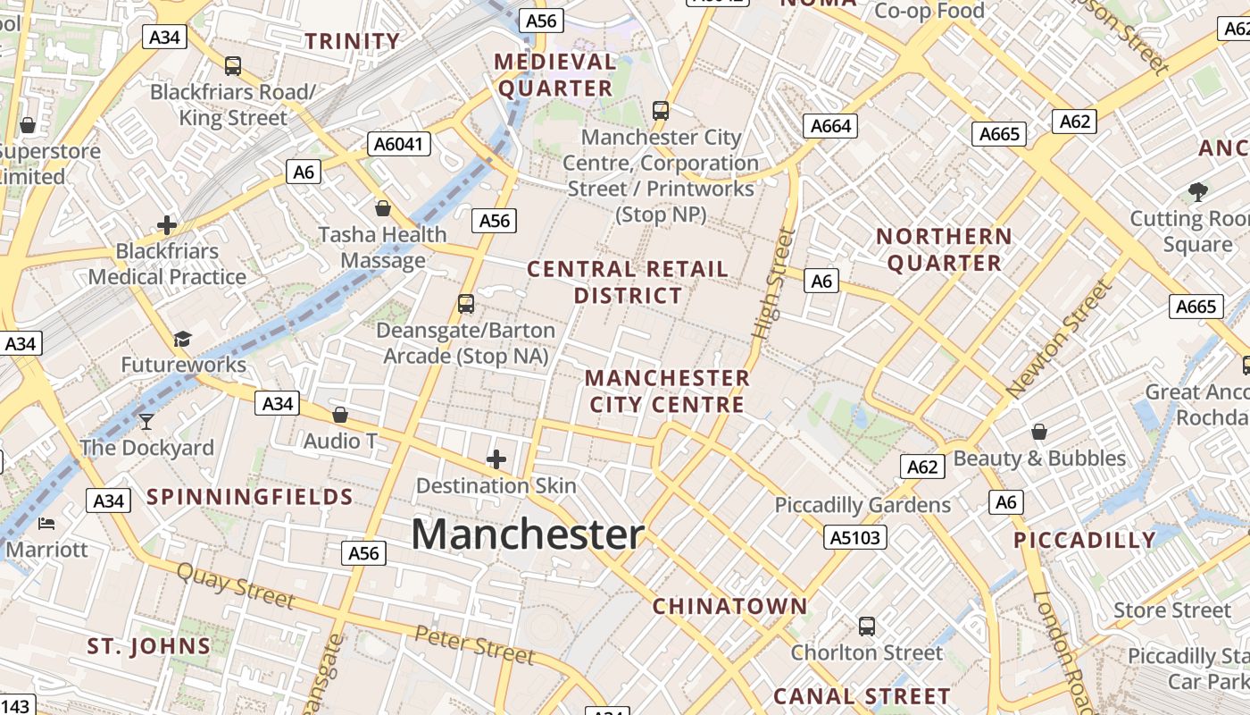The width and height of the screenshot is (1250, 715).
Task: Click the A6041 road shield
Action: (399, 144)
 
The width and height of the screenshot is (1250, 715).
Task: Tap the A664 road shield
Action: (830, 126)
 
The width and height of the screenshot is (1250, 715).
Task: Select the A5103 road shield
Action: (855, 537)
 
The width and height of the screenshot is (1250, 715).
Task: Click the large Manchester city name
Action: (528, 534)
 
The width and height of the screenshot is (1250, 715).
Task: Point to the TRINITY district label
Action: (353, 41)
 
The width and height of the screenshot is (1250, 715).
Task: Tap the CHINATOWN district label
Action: (729, 606)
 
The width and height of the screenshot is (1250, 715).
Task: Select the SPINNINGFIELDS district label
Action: (250, 497)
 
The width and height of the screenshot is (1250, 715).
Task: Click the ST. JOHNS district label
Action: (149, 646)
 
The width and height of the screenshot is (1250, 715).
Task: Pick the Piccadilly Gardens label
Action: (862, 505)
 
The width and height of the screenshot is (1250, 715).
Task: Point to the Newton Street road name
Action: (1060, 340)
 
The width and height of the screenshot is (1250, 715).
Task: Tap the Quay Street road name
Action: (236, 586)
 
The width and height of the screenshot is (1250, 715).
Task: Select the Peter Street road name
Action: (474, 645)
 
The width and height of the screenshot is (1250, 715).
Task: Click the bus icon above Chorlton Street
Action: (866, 626)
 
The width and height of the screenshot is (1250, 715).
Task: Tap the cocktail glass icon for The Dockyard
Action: (146, 420)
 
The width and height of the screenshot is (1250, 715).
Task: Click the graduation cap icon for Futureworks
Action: (183, 338)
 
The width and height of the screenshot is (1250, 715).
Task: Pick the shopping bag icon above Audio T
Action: (340, 415)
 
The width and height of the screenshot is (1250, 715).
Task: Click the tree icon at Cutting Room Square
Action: (1197, 191)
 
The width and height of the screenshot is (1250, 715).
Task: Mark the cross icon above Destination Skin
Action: (496, 459)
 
